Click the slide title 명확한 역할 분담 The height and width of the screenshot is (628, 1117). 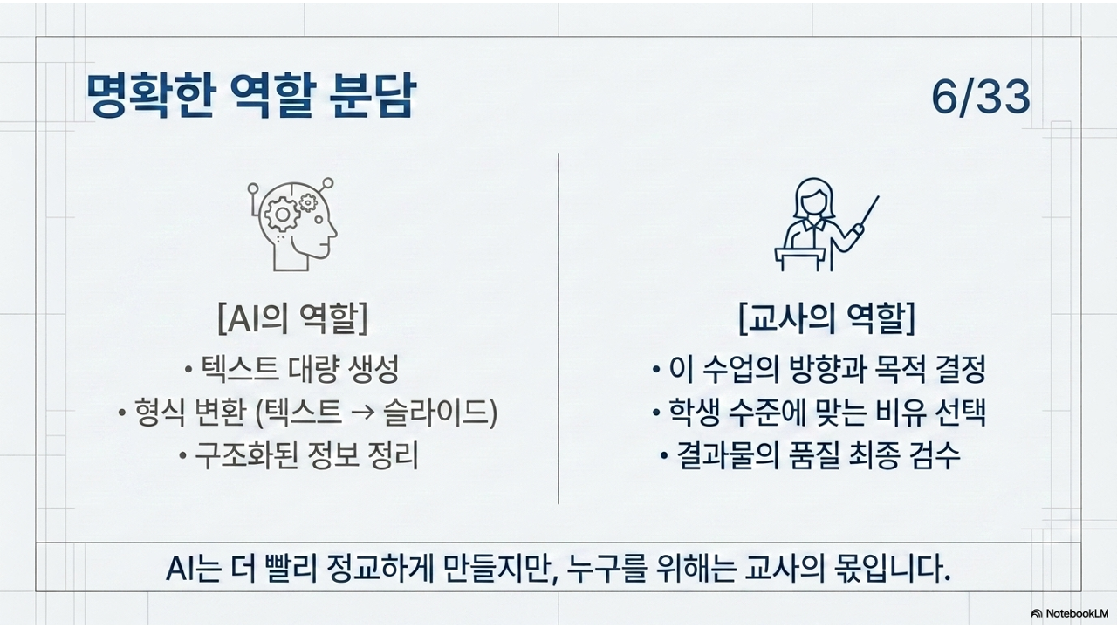(250, 95)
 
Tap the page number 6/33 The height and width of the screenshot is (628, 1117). (981, 97)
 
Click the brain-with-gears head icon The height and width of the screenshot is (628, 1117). (292, 224)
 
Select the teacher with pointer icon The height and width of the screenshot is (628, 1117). (826, 224)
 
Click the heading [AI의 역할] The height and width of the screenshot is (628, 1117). (293, 318)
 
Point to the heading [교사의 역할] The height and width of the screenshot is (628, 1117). (826, 318)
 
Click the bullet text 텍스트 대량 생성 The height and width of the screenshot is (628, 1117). (299, 369)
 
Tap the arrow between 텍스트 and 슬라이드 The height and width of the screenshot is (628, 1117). (362, 413)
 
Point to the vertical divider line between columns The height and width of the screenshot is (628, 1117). (558, 329)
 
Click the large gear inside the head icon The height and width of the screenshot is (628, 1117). (282, 215)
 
